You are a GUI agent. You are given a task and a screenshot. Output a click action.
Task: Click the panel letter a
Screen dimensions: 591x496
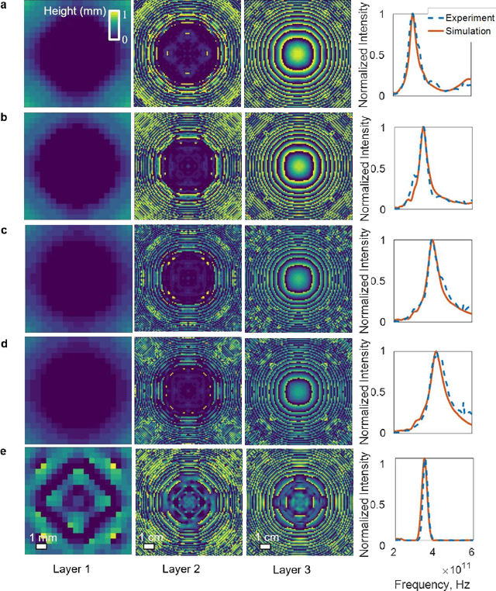[6, 5]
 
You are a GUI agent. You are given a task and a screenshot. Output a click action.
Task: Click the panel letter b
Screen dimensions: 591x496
[6, 118]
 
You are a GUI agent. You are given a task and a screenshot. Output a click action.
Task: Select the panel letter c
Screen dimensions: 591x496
[6, 230]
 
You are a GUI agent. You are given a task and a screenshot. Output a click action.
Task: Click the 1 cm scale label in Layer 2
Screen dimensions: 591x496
[151, 537]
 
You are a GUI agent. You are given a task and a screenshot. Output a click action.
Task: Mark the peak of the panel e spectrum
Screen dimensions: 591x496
[424, 460]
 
